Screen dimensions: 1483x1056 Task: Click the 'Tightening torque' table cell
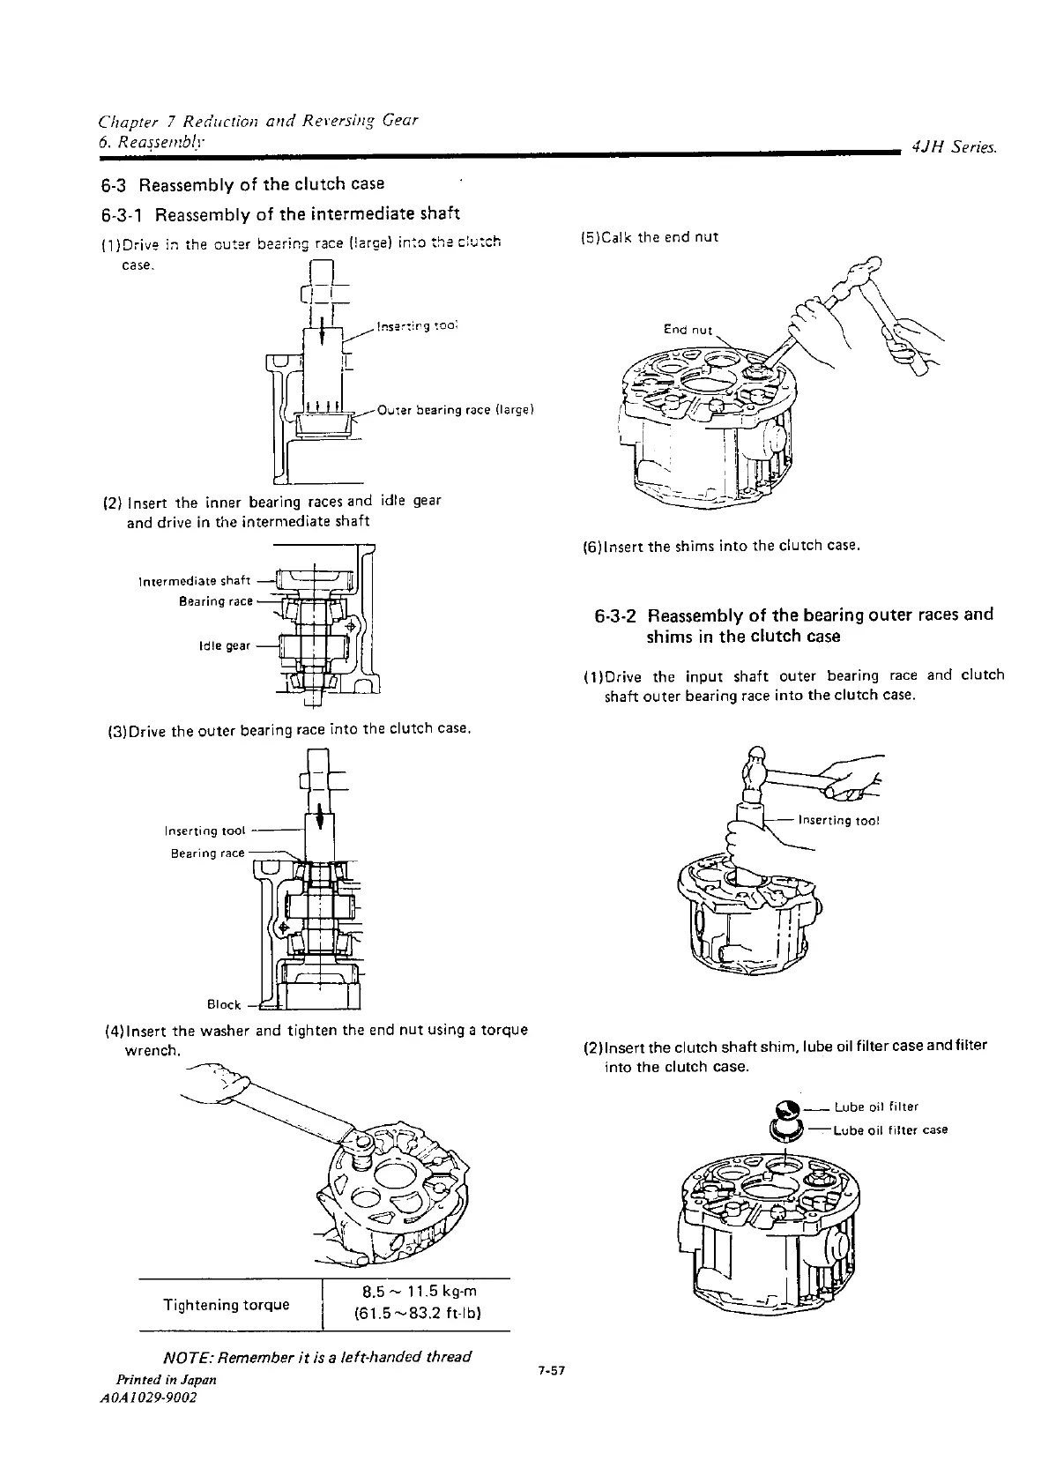[227, 1304]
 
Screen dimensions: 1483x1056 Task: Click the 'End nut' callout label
[688, 331]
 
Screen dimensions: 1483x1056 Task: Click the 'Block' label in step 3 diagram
[224, 1004]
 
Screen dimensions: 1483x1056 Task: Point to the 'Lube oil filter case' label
[890, 1129]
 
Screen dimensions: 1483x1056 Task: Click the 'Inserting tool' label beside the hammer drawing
[838, 821]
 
